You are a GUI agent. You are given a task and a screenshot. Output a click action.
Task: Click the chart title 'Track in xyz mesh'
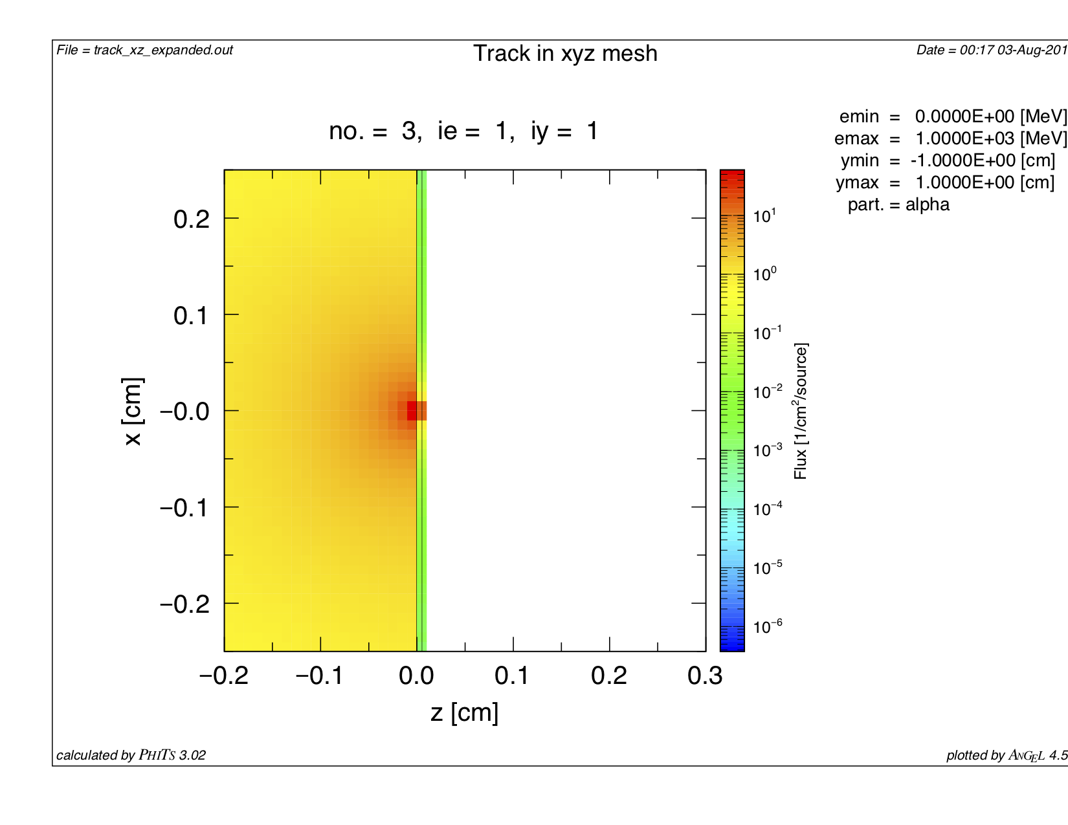pyautogui.click(x=565, y=54)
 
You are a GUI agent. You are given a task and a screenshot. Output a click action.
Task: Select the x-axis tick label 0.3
pyautogui.click(x=705, y=676)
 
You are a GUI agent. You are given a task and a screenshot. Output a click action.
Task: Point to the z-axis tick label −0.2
pyautogui.click(x=223, y=676)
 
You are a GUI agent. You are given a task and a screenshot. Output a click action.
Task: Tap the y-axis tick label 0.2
pyautogui.click(x=192, y=219)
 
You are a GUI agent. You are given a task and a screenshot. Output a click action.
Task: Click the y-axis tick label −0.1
pyautogui.click(x=184, y=508)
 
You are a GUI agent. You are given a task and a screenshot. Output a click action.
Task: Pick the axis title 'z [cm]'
pyautogui.click(x=464, y=712)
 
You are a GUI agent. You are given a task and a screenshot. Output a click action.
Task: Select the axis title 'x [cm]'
pyautogui.click(x=132, y=411)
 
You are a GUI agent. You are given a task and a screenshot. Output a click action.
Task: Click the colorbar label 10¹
pyautogui.click(x=764, y=215)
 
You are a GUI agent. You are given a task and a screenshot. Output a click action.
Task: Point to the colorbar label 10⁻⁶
pyautogui.click(x=768, y=626)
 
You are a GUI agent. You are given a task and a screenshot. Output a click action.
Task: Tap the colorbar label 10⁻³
pyautogui.click(x=768, y=450)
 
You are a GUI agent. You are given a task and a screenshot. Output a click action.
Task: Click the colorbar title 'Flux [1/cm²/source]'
pyautogui.click(x=801, y=411)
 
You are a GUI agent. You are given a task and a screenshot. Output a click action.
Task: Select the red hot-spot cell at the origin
pyautogui.click(x=412, y=411)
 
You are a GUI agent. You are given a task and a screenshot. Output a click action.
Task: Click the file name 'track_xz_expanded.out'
pyautogui.click(x=163, y=50)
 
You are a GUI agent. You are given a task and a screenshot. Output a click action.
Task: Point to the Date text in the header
pyautogui.click(x=991, y=50)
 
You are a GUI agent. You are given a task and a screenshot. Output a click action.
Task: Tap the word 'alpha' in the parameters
pyautogui.click(x=928, y=205)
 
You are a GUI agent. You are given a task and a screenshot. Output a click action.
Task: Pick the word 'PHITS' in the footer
pyautogui.click(x=157, y=755)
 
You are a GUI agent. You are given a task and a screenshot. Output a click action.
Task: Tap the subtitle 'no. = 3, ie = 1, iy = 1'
pyautogui.click(x=463, y=131)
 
